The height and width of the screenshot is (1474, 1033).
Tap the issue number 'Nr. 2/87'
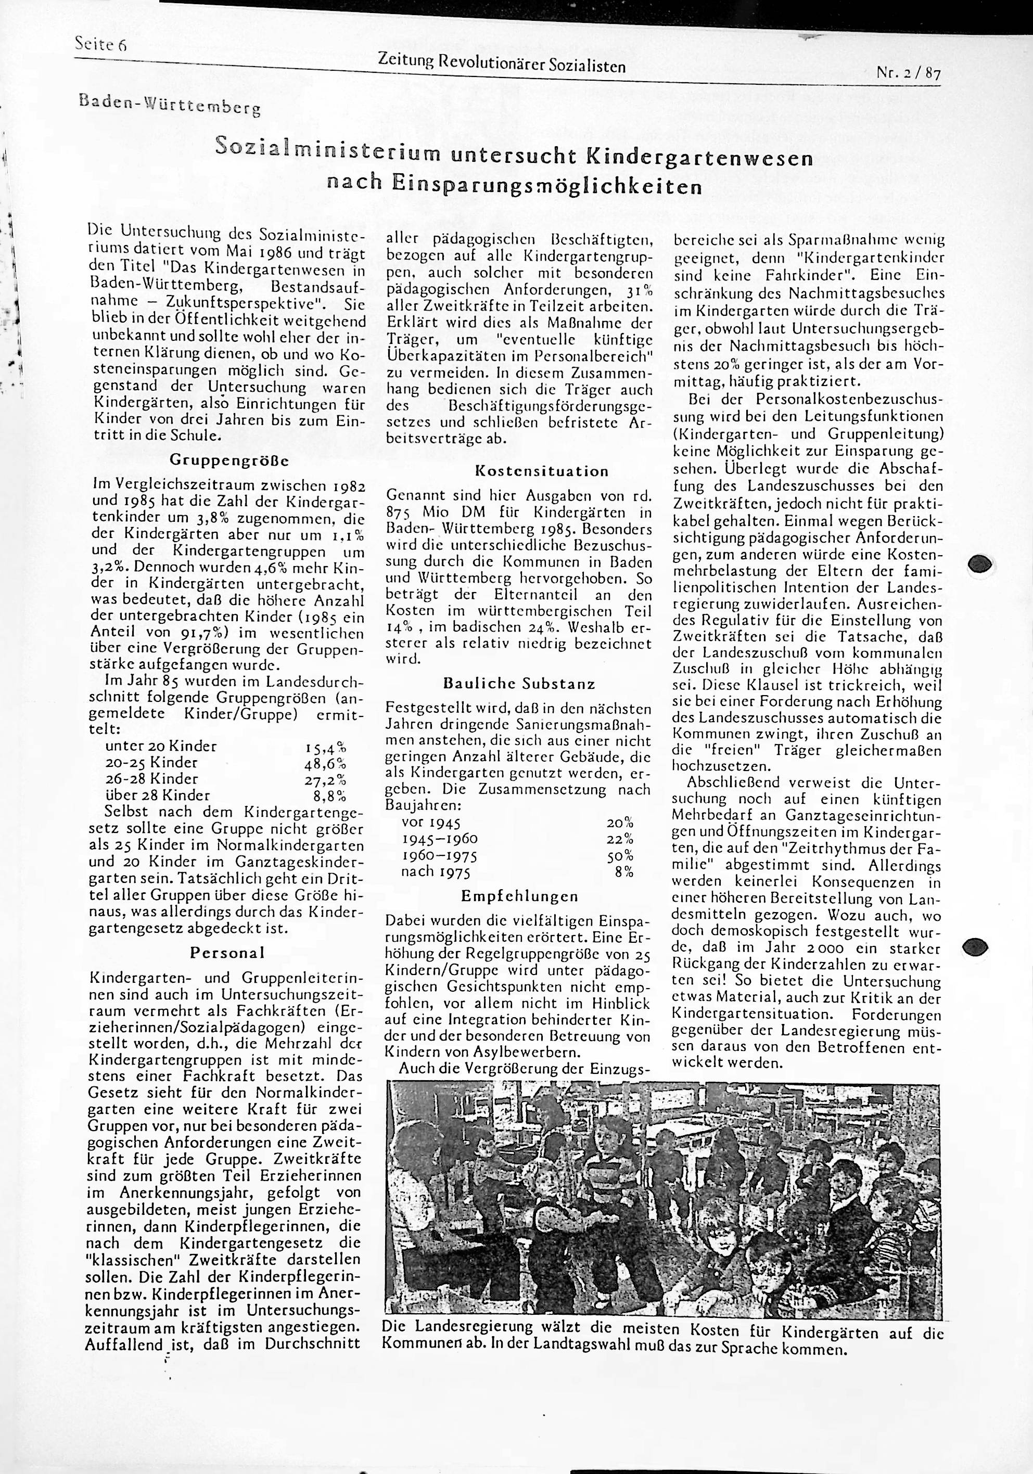pos(908,74)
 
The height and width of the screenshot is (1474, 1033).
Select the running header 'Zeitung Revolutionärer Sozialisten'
pos(502,63)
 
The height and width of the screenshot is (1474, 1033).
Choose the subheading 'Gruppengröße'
pos(229,460)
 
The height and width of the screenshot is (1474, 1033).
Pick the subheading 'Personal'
pos(227,953)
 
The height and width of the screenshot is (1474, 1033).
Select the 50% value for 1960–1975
pos(620,856)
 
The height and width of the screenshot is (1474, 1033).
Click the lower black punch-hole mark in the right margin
pos(978,947)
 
